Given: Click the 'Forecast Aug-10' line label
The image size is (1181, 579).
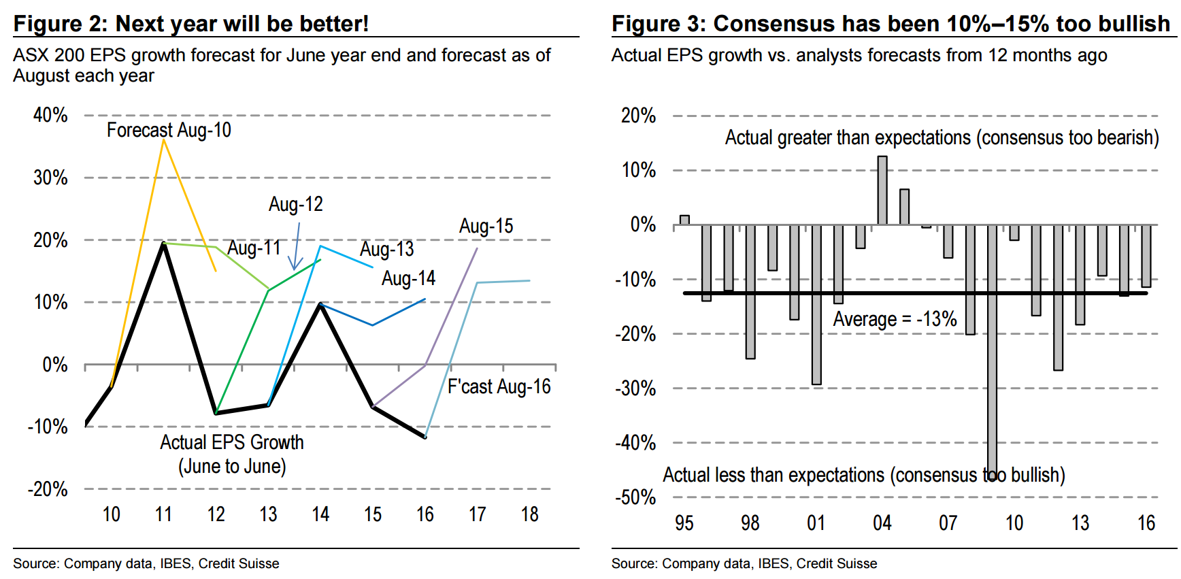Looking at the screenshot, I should coord(169,130).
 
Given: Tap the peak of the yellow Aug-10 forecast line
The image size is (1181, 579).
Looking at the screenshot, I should coord(164,140).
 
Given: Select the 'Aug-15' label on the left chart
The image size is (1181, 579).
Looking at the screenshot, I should coord(486,226).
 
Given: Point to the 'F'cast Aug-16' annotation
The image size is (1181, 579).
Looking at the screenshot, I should coord(499,386).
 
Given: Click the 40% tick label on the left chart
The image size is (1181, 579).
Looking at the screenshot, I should coord(50,115).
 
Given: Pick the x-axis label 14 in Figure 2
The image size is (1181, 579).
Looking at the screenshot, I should coord(320,514).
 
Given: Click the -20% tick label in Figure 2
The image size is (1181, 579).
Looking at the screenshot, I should coord(48,489).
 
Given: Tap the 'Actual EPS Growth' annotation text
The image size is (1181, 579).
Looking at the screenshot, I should coord(232,442).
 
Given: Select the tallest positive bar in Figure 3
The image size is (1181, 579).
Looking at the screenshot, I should coord(882,190).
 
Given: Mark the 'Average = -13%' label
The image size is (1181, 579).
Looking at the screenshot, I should coord(895,319).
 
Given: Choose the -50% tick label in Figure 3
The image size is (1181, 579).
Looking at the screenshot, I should coord(635,497).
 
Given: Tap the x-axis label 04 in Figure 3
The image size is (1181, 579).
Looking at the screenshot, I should coord(882,523).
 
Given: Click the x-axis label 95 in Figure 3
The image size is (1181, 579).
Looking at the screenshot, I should coord(684,523).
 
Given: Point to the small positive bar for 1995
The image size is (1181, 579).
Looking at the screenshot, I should coord(684,220).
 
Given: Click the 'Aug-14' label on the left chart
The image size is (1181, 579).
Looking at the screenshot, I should coord(408,278).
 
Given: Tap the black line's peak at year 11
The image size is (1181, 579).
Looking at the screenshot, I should coord(164,244).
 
